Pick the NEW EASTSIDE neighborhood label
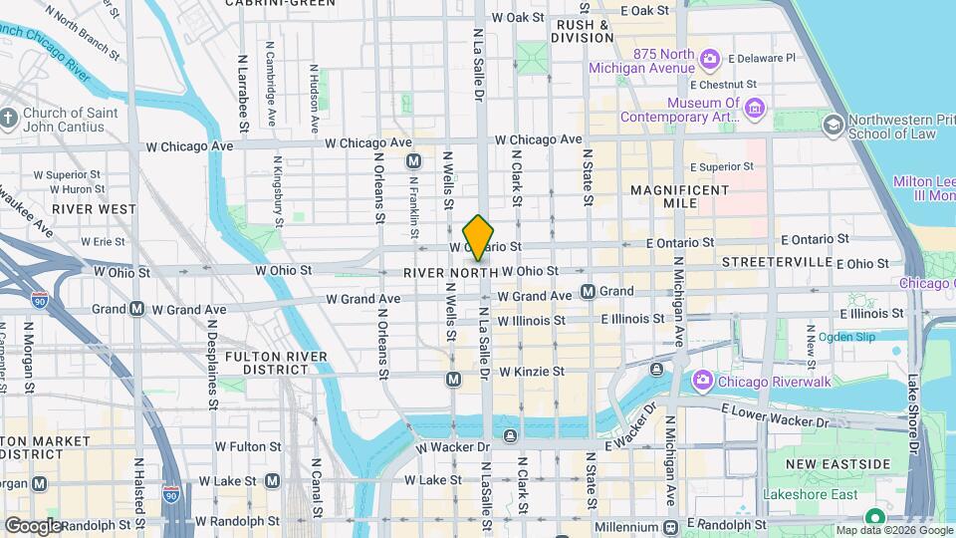tap(837, 464)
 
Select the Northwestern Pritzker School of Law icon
tap(833, 126)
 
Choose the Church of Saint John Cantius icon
tap(9, 120)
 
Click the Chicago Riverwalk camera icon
tap(703, 380)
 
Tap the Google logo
tap(33, 525)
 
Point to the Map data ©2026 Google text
tap(893, 530)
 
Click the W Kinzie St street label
tap(532, 371)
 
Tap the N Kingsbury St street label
tap(278, 190)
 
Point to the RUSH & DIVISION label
tap(585, 31)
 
